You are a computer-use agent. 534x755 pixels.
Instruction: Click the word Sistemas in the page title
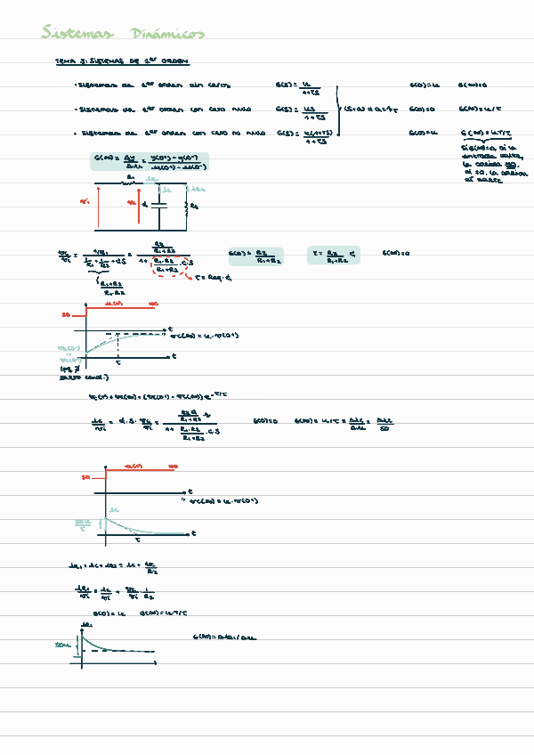(x=77, y=34)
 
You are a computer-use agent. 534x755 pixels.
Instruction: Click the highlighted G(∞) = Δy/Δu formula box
(x=150, y=161)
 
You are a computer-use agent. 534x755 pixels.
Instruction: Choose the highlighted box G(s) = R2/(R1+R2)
(x=255, y=256)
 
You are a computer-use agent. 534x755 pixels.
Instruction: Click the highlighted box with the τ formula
(x=334, y=256)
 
